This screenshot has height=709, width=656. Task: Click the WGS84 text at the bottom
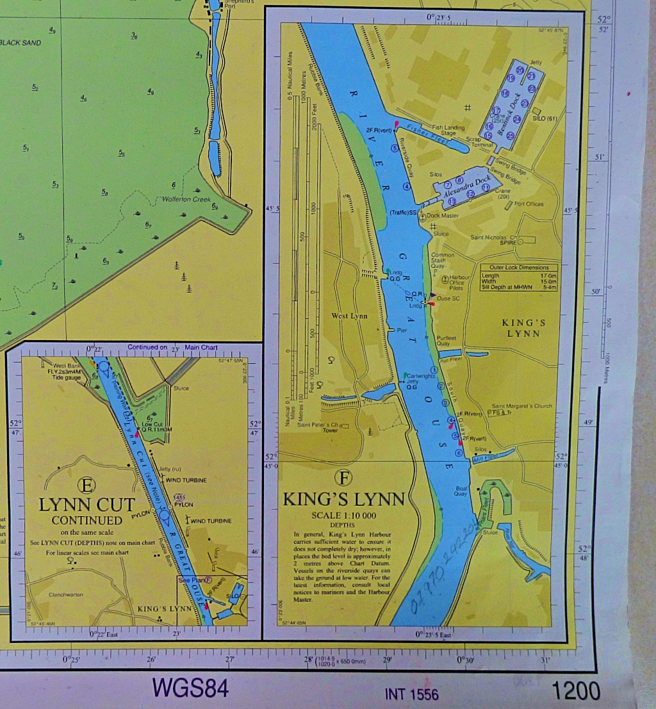[x=190, y=688]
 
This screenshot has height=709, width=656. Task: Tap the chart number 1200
[x=576, y=691]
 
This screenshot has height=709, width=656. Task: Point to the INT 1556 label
[x=412, y=694]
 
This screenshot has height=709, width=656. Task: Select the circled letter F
[x=344, y=478]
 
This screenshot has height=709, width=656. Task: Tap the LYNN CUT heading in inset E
[x=87, y=505]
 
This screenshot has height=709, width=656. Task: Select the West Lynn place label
[x=349, y=316]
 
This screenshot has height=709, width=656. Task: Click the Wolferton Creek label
[x=186, y=199]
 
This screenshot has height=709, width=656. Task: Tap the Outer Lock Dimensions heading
[x=519, y=267]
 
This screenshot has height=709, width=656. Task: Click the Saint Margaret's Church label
[x=521, y=406]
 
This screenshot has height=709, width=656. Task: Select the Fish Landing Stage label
[x=448, y=130]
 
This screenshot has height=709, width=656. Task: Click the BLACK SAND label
[x=20, y=43]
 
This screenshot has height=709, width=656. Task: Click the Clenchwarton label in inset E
[x=66, y=595]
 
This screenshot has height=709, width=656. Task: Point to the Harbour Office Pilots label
[x=459, y=282]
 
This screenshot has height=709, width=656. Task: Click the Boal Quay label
[x=461, y=491]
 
